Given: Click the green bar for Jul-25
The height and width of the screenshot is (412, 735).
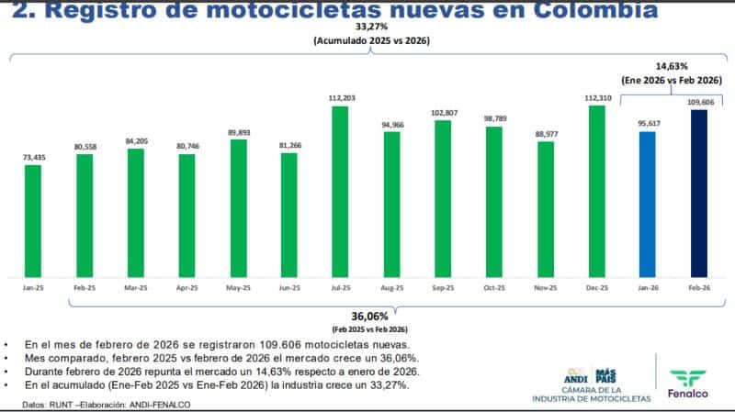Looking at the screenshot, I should pyautogui.click(x=340, y=192).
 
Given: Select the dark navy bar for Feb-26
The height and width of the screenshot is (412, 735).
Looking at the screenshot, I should pyautogui.click(x=699, y=194).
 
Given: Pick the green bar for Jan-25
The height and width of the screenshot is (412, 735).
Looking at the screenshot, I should pyautogui.click(x=33, y=221).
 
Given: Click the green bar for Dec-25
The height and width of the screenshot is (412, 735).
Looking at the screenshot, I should pyautogui.click(x=596, y=192).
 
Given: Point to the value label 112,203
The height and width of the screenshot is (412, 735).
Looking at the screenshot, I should pyautogui.click(x=340, y=97).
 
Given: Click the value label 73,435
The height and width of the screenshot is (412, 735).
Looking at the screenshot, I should pyautogui.click(x=33, y=157).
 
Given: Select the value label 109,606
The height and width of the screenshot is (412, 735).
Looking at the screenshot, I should pyautogui.click(x=699, y=102).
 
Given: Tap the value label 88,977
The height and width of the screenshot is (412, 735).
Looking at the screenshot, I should pyautogui.click(x=545, y=134).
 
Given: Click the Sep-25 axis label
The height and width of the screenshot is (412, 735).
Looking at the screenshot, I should pyautogui.click(x=443, y=287).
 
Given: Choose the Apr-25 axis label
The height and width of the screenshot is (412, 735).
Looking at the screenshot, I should pyautogui.click(x=187, y=287).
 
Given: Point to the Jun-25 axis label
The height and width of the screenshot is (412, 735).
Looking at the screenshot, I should pyautogui.click(x=289, y=287).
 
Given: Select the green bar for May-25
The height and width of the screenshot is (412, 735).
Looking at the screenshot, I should pyautogui.click(x=238, y=209).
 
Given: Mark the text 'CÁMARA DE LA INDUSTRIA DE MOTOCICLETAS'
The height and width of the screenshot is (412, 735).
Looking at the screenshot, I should pyautogui.click(x=591, y=394).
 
